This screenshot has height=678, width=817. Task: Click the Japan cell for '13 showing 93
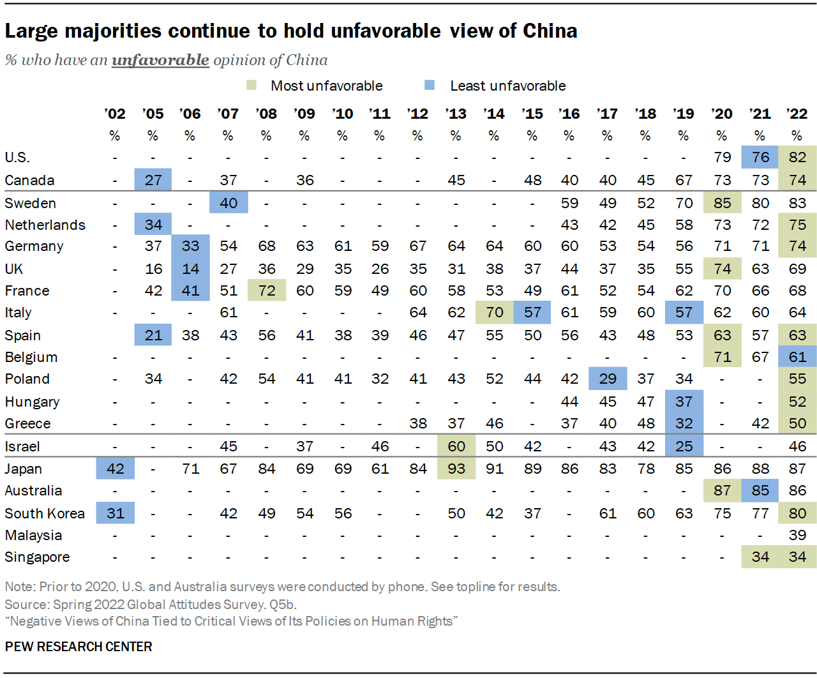click(x=456, y=469)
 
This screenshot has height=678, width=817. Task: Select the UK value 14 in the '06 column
click(x=190, y=269)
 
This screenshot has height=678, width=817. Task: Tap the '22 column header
click(x=797, y=114)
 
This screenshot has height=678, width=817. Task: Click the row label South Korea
click(x=45, y=513)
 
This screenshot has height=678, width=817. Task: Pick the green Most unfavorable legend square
click(x=251, y=85)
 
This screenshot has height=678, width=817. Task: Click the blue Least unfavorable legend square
click(x=430, y=85)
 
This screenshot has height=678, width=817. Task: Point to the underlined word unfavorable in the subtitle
click(x=160, y=60)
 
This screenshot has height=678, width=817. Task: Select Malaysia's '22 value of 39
click(x=797, y=535)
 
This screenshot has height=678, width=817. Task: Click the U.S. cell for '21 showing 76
click(x=760, y=157)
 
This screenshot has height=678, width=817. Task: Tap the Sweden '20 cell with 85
click(x=722, y=203)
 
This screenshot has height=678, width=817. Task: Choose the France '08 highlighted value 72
click(x=266, y=290)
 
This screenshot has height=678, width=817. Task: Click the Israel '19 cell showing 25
click(x=684, y=446)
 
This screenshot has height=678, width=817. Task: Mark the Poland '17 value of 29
click(x=607, y=379)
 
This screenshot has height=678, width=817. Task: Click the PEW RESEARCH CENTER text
click(x=79, y=647)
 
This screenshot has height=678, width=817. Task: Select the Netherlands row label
click(x=45, y=225)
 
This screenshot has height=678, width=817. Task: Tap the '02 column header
click(x=115, y=114)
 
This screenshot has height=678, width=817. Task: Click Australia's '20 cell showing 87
click(x=722, y=490)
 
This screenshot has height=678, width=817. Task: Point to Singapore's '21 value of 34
click(x=760, y=557)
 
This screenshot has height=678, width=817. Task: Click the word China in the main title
click(x=550, y=31)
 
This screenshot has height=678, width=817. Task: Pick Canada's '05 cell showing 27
click(x=153, y=180)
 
